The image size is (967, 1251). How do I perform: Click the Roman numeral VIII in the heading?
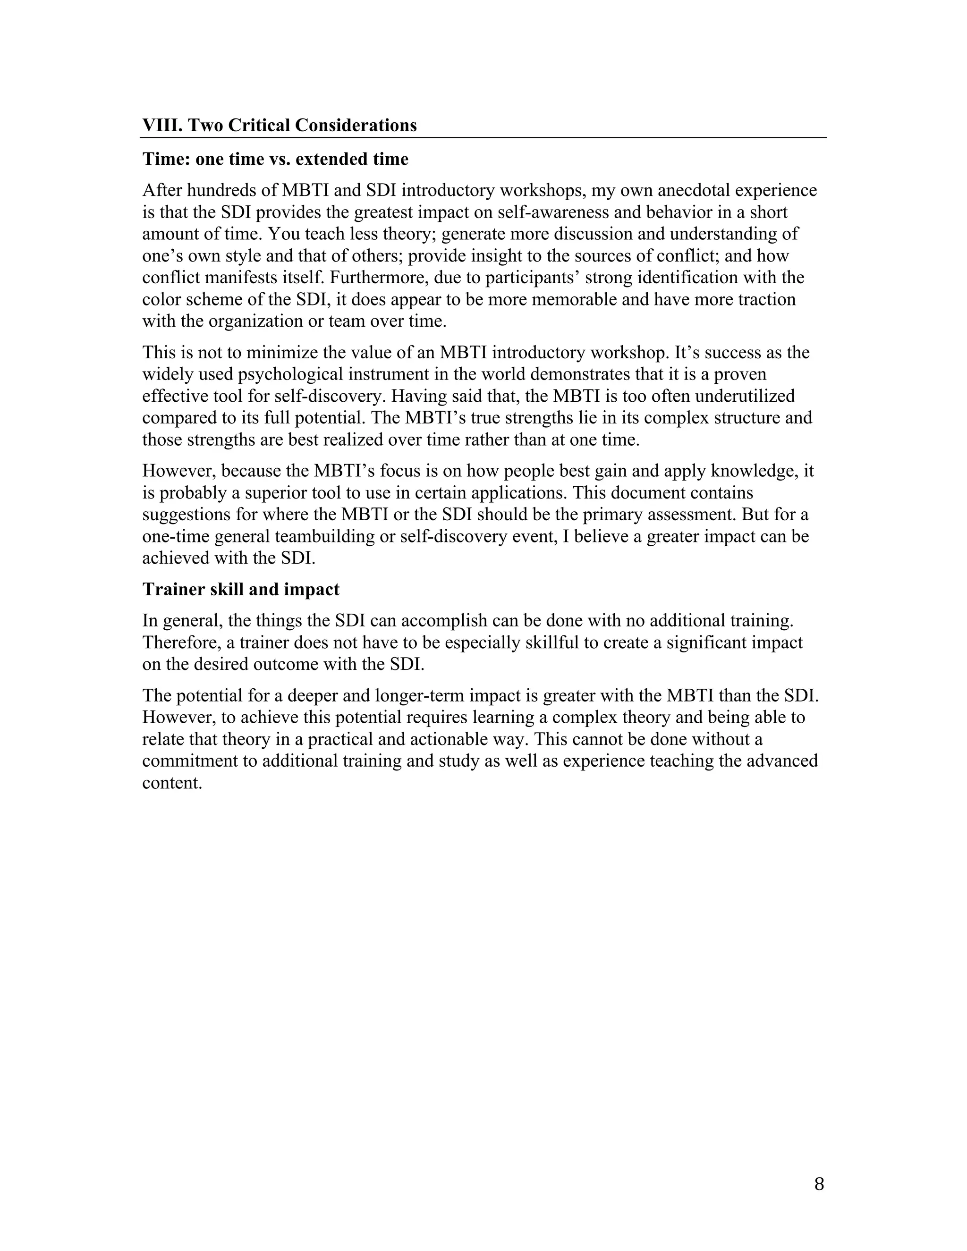(x=162, y=125)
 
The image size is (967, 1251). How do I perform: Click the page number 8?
(x=819, y=1183)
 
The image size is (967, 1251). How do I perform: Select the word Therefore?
(x=181, y=642)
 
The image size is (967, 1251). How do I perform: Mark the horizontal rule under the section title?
(x=483, y=137)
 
